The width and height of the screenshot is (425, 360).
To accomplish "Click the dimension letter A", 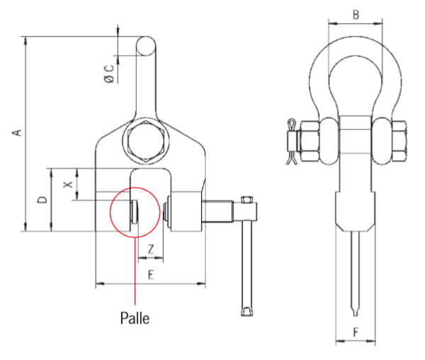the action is tap(17, 133).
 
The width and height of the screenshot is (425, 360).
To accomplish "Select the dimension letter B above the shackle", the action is tap(356, 15).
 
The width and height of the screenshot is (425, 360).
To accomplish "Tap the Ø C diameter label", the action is tap(110, 74).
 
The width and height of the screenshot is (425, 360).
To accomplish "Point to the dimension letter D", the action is tap(42, 200).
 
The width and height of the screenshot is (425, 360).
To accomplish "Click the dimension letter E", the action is tap(151, 276).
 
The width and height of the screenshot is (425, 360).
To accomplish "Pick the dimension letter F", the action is tap(356, 332).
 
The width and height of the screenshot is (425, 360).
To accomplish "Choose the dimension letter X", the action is tap(68, 184).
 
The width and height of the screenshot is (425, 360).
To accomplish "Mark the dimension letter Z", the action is tap(151, 249).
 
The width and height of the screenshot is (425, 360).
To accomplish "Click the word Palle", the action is tap(135, 318).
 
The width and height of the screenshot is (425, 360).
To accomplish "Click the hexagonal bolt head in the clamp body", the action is tap(147, 141).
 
